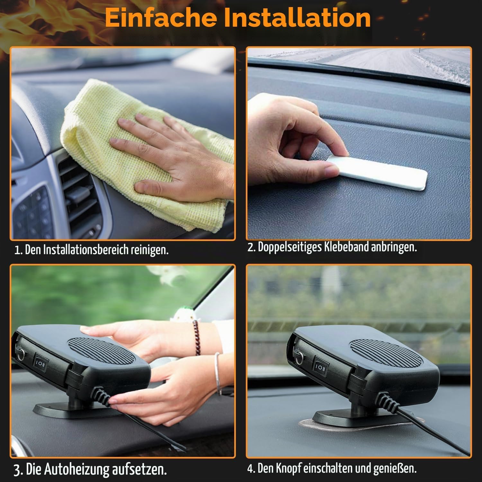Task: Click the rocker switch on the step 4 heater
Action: [x=321, y=366]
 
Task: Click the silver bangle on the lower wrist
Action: [x=218, y=373]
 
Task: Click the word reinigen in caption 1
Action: [x=150, y=250]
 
